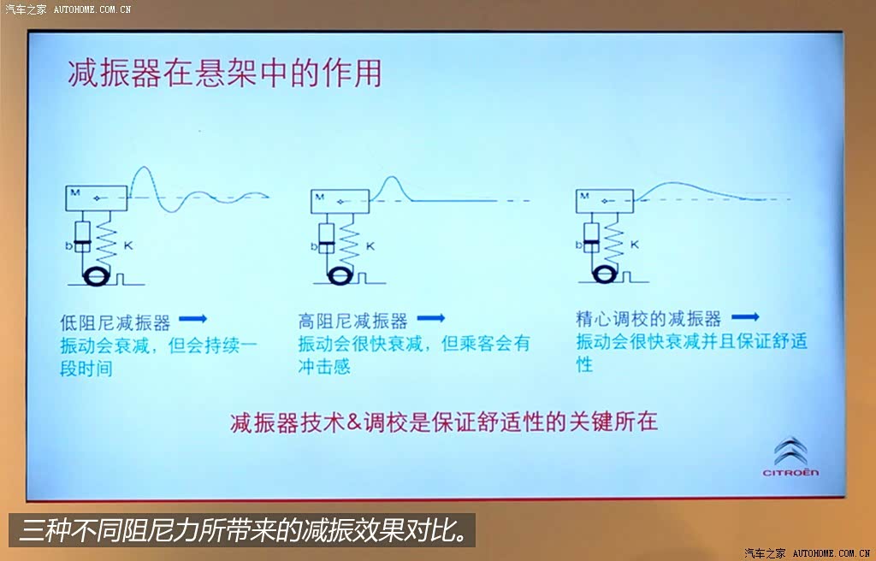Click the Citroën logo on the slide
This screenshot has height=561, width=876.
[x=790, y=456]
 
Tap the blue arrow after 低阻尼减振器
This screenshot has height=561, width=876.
[x=192, y=319]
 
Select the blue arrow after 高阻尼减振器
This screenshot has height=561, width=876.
[x=431, y=318]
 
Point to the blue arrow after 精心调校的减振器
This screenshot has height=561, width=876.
[x=745, y=316]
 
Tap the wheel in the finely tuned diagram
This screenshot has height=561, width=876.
[x=604, y=275]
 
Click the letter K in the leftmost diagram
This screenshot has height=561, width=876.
[x=128, y=245]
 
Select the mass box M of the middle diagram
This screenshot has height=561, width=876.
[x=340, y=201]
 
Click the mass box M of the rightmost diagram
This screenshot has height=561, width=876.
[x=605, y=201]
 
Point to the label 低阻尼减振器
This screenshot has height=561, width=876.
[x=115, y=322]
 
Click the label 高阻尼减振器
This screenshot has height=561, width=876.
[x=352, y=322]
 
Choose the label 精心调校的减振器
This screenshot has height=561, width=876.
[x=648, y=319]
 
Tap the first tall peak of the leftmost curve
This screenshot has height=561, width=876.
[x=144, y=167]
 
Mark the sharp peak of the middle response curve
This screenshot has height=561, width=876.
[x=392, y=177]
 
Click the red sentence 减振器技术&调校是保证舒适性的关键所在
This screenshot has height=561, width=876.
[x=444, y=422]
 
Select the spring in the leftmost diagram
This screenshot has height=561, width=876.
[x=107, y=240]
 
